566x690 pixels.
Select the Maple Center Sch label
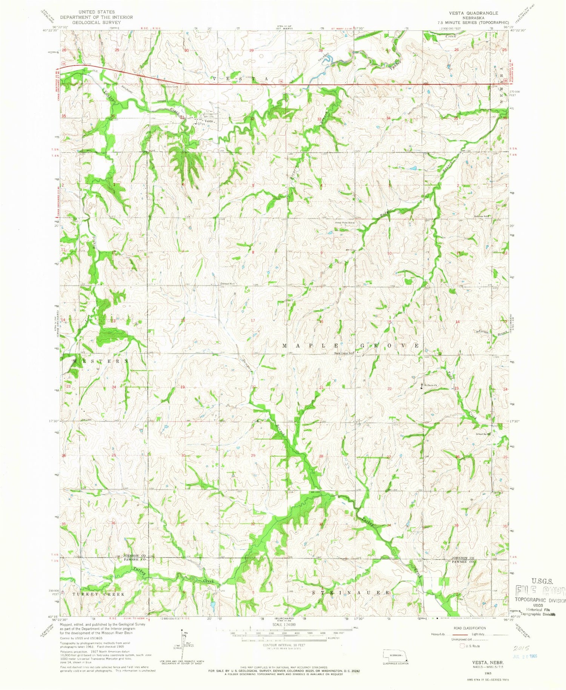click(x=343, y=353)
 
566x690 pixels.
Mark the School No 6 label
click(x=229, y=283)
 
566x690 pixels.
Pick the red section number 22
click(x=389, y=389)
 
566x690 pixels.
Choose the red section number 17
click(x=253, y=321)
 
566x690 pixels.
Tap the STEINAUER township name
click(x=351, y=593)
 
